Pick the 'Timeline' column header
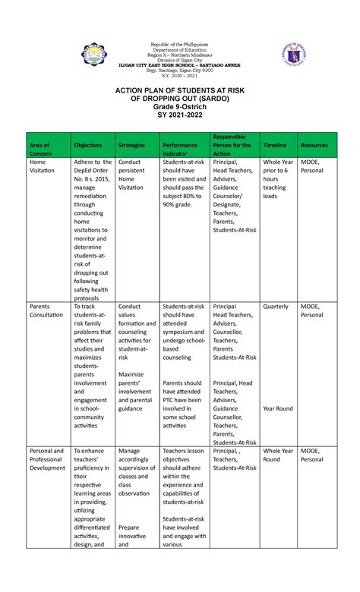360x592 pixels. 274,144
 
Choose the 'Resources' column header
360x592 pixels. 314,144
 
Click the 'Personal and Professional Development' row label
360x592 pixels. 48,458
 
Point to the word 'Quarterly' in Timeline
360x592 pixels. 275,307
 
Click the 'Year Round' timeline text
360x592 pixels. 278,408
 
